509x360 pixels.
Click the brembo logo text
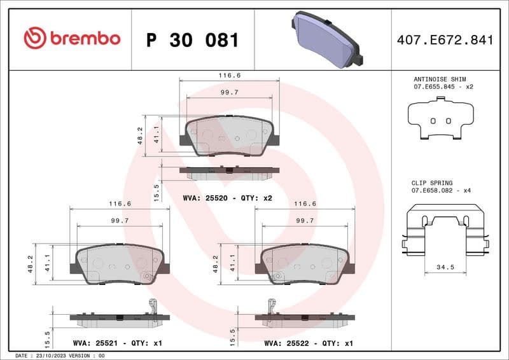(x=72, y=38)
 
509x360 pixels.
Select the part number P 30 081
(x=192, y=40)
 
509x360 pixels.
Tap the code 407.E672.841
(x=445, y=40)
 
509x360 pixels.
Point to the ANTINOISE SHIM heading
(x=435, y=79)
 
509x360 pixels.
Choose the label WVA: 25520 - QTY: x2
(x=227, y=198)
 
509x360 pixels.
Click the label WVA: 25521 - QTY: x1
(x=118, y=343)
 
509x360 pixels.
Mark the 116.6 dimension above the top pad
(x=230, y=75)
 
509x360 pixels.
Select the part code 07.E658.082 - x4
(x=441, y=191)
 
